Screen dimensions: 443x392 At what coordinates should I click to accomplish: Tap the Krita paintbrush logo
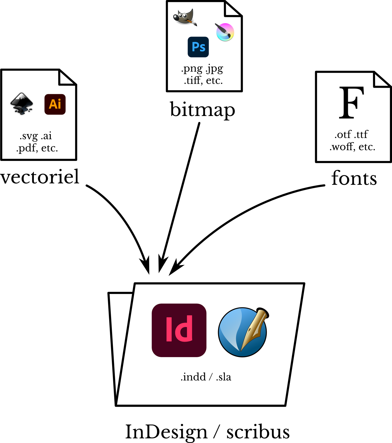tap(225, 32)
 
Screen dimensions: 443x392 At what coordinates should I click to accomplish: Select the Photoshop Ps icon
tap(198, 47)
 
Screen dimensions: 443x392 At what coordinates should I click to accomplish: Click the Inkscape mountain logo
tap(22, 104)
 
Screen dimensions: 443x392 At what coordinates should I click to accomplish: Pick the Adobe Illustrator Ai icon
tap(55, 104)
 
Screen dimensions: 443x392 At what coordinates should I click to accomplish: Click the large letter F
tap(351, 103)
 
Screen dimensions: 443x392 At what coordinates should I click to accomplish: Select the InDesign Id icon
tap(179, 330)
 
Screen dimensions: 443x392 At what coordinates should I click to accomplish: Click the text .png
tap(192, 69)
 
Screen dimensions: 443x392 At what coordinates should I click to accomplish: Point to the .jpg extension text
tap(215, 69)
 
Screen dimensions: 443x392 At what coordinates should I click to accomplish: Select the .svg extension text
tap(28, 136)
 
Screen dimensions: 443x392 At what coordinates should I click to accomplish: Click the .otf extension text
tap(343, 135)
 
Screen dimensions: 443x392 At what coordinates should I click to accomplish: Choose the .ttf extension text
tap(361, 135)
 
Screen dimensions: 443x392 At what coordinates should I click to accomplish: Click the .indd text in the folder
tap(193, 377)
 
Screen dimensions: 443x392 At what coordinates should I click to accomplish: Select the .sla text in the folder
tap(224, 377)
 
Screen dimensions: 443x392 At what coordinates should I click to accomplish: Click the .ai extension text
tap(46, 136)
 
